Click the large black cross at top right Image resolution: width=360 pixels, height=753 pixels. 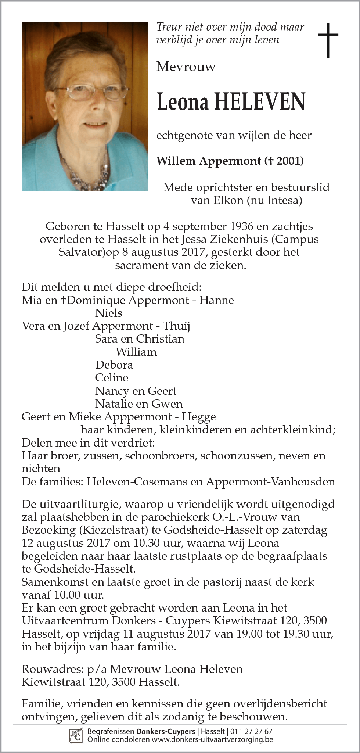point(328,40)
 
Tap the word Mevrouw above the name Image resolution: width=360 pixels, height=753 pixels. point(186,67)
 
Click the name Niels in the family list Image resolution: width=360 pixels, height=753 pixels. point(108,313)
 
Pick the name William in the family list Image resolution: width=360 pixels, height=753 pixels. point(136,352)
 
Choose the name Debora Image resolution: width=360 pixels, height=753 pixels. point(114,365)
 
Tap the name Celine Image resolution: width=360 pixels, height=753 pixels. point(112,378)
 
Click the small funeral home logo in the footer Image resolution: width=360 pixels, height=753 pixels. point(76,735)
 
